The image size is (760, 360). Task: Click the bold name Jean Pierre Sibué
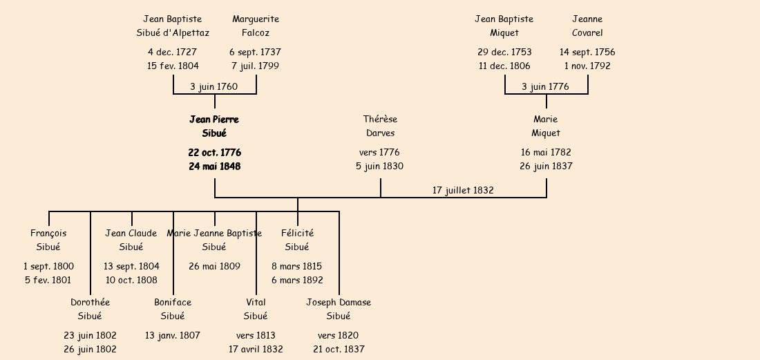[214, 126]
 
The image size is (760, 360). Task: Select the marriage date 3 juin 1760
[213, 87]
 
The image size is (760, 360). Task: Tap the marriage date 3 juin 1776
[545, 87]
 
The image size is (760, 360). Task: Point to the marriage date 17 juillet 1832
[463, 191]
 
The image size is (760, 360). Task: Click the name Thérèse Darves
[380, 126]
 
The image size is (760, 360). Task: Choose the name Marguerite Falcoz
[256, 26]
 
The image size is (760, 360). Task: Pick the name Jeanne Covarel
[587, 26]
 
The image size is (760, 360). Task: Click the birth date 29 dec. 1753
[504, 53]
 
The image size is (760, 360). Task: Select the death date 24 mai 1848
[214, 167]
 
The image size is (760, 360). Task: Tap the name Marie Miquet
[546, 126]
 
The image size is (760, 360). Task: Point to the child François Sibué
[48, 240]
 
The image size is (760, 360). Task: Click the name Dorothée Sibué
[90, 310]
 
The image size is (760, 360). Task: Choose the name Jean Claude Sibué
[131, 240]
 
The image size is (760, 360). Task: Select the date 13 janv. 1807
[173, 336]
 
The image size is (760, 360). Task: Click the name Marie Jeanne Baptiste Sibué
[214, 240]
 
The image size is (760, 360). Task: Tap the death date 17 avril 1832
[256, 350]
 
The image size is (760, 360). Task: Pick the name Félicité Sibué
[297, 240]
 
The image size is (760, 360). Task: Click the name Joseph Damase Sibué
[339, 310]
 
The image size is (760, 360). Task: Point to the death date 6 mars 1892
[297, 281]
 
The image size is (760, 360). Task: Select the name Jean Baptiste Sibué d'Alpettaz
[173, 26]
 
